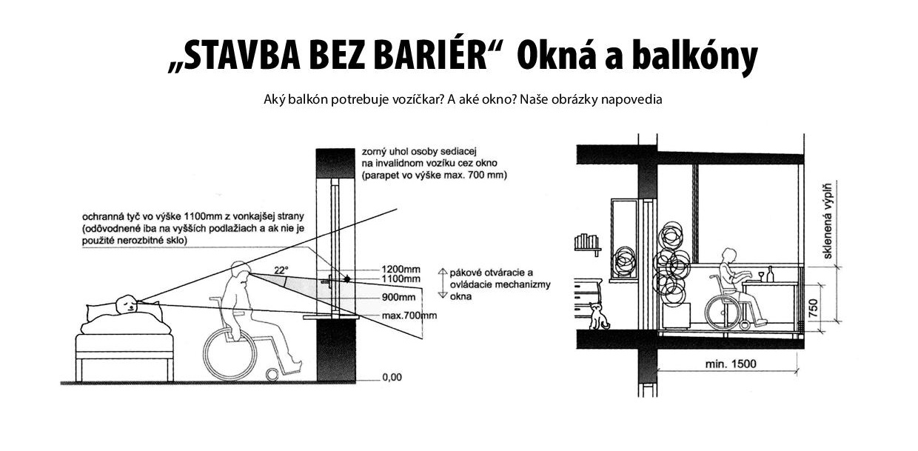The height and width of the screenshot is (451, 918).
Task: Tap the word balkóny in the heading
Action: (x=694, y=58)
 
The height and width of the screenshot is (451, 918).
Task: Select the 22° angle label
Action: (x=281, y=270)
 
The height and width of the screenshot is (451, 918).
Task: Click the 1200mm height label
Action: (x=401, y=270)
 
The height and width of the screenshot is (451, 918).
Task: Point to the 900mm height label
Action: (x=399, y=297)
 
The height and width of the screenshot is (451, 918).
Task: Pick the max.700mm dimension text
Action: (x=409, y=315)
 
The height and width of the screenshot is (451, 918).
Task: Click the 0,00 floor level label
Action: (x=392, y=377)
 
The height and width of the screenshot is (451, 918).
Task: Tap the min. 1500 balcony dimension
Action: (x=731, y=364)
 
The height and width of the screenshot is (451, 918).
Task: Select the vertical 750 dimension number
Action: (x=814, y=308)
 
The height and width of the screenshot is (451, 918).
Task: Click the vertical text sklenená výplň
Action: (x=828, y=221)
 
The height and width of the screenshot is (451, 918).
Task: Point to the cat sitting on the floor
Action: (x=598, y=316)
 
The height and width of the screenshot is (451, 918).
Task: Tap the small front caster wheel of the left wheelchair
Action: (x=272, y=375)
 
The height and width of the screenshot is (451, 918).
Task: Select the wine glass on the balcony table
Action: (x=761, y=277)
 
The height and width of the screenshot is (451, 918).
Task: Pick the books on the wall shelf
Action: (x=586, y=241)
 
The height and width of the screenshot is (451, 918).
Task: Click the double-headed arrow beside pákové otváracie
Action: (x=442, y=283)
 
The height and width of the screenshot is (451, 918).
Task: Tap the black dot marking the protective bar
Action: (x=347, y=279)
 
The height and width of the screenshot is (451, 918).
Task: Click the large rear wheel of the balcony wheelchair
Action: (x=723, y=312)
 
